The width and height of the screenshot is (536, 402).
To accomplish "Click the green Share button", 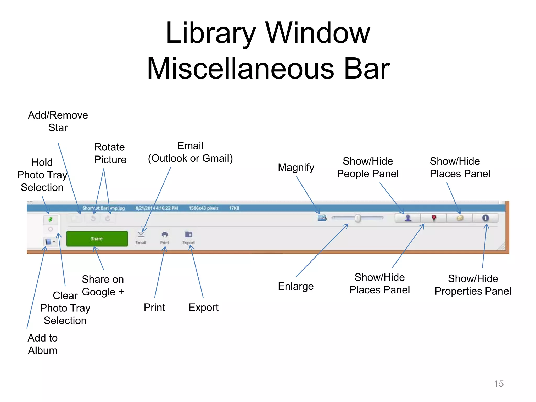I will click(97, 238).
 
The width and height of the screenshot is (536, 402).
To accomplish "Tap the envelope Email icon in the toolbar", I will click(141, 234).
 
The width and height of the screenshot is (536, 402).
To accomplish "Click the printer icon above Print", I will click(165, 234).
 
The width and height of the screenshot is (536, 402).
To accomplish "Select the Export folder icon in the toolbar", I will click(189, 234).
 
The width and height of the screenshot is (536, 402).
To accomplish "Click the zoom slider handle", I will click(358, 218).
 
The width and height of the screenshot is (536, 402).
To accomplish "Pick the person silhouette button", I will click(408, 218).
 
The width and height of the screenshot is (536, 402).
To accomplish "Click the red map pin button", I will click(434, 218).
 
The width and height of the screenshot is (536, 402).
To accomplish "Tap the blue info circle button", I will click(485, 218).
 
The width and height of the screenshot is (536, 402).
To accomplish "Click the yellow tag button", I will click(460, 218).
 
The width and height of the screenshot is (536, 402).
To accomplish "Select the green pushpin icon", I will click(51, 219).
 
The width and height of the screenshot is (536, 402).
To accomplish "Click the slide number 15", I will click(499, 384).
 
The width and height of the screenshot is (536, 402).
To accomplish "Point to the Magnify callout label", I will click(296, 167).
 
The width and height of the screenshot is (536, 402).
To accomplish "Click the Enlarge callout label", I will click(296, 286).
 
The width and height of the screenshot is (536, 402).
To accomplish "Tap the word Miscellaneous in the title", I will click(241, 69).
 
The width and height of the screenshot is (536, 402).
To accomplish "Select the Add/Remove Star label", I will click(58, 121).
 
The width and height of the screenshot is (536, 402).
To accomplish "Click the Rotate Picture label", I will click(110, 153).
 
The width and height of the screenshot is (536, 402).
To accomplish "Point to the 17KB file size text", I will click(234, 208).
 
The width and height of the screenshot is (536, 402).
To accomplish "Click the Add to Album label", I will click(43, 344).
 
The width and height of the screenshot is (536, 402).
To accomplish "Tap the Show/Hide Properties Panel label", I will click(473, 285).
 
